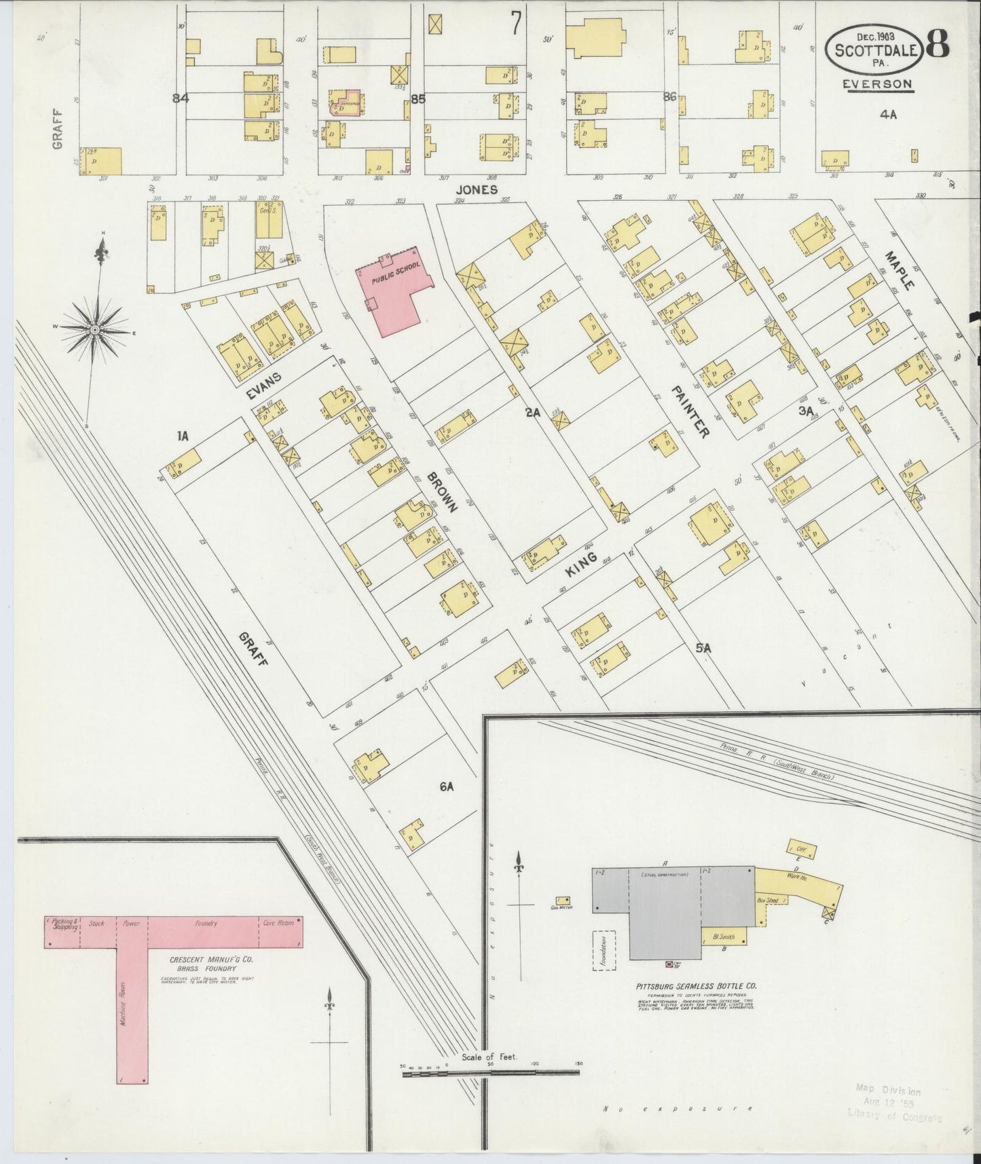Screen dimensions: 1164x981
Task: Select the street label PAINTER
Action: pyautogui.click(x=691, y=412)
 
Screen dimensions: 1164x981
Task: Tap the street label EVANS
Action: pyautogui.click(x=263, y=383)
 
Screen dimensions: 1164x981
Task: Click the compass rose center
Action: pyautogui.click(x=95, y=329)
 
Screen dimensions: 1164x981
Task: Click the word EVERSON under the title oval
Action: pyautogui.click(x=877, y=84)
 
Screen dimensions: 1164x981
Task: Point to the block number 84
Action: pyautogui.click(x=180, y=98)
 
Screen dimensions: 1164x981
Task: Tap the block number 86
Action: pyautogui.click(x=670, y=97)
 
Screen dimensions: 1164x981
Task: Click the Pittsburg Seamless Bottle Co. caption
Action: pyautogui.click(x=697, y=985)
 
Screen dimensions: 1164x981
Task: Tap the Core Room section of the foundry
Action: pyautogui.click(x=278, y=924)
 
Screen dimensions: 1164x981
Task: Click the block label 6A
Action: pyautogui.click(x=446, y=787)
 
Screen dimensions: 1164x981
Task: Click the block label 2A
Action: pyautogui.click(x=532, y=411)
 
